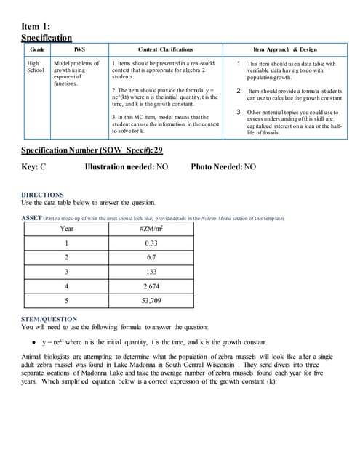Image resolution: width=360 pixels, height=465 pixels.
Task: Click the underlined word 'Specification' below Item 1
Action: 47,38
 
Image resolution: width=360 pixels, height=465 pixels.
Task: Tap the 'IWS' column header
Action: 80,49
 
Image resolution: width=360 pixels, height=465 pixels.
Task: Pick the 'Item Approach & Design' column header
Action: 285,49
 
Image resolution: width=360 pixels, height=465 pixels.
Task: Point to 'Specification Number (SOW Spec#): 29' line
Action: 92,150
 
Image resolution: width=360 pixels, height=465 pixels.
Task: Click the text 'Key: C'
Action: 34,166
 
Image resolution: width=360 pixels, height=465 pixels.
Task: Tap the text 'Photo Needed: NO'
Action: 223,166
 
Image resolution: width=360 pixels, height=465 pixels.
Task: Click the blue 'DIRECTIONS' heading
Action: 43,195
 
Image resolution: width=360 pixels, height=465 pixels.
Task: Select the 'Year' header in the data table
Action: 66,228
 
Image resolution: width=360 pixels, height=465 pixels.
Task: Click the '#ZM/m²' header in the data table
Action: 151,228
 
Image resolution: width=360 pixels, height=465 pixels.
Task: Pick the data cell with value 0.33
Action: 151,243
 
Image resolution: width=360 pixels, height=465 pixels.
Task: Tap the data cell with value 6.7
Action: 151,257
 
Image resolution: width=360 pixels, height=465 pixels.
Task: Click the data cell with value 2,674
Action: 151,286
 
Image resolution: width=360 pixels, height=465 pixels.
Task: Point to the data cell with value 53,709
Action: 151,300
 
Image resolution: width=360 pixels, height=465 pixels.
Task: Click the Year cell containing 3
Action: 66,272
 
